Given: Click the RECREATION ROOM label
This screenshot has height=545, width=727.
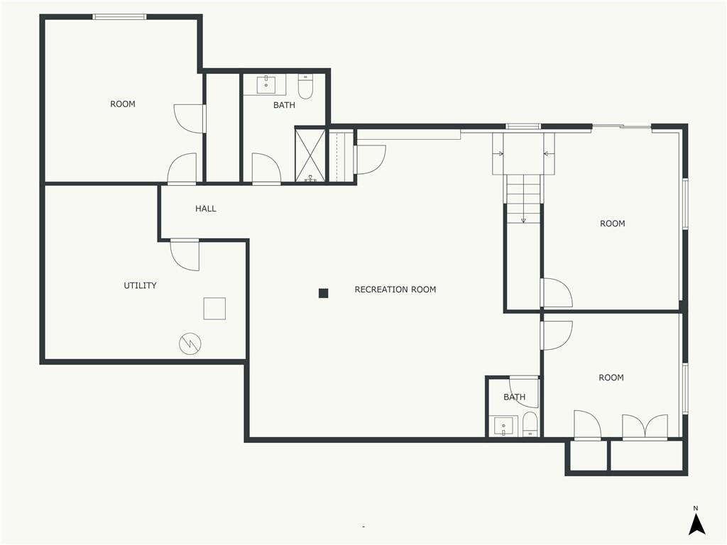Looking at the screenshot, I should coord(395,290).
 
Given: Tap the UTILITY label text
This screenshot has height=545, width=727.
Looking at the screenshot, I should coord(140,285).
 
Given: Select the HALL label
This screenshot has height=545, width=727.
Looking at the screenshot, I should coord(206,209).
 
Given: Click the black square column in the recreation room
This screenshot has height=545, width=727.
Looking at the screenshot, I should coord(323,293).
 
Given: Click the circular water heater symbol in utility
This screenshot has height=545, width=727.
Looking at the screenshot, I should coord(190,344).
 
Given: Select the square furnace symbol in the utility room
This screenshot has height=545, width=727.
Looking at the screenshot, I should coord(214,309).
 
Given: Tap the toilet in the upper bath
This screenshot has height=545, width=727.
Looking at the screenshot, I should coord(305,87).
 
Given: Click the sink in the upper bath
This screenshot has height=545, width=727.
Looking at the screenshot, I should coord(266,85).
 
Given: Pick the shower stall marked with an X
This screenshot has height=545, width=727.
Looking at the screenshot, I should coord(310,155).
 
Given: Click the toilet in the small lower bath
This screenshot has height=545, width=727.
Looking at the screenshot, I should coord(530,426).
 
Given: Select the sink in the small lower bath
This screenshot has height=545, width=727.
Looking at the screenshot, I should coord(503,426).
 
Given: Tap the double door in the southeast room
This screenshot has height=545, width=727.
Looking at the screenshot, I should coord(645,427).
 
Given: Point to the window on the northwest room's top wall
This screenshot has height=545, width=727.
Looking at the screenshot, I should coord(120,16).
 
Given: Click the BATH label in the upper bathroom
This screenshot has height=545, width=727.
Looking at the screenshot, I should coord(284,105).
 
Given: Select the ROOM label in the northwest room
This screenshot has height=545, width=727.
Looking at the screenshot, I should coord(122,104).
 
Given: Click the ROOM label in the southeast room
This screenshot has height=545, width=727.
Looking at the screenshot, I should coord(611,378).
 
